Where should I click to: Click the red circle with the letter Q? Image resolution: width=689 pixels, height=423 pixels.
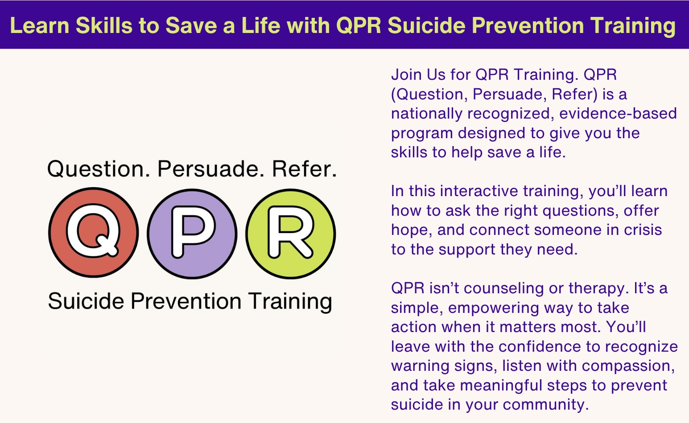94,233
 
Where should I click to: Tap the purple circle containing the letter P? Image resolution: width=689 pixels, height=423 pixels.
192,234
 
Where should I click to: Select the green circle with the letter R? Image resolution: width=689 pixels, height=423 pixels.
291,234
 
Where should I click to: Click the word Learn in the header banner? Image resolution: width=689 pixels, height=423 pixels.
40,25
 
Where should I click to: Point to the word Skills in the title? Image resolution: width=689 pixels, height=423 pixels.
104,25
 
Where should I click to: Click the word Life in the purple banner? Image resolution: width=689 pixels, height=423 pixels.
261,25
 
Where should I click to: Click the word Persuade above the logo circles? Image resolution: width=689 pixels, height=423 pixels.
208,169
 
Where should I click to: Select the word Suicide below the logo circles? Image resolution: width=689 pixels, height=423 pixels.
86,301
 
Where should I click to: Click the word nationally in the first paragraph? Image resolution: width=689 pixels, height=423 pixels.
426,114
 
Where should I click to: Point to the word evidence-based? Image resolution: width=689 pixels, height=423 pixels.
618,113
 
